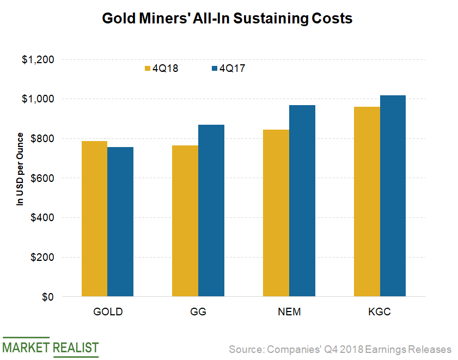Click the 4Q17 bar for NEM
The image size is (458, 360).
[302, 201]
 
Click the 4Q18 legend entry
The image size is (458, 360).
[161, 69]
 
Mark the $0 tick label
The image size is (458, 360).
[48, 297]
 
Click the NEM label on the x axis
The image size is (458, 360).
[289, 312]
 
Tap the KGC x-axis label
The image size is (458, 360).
[380, 312]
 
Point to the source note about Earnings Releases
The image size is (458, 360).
[340, 349]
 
